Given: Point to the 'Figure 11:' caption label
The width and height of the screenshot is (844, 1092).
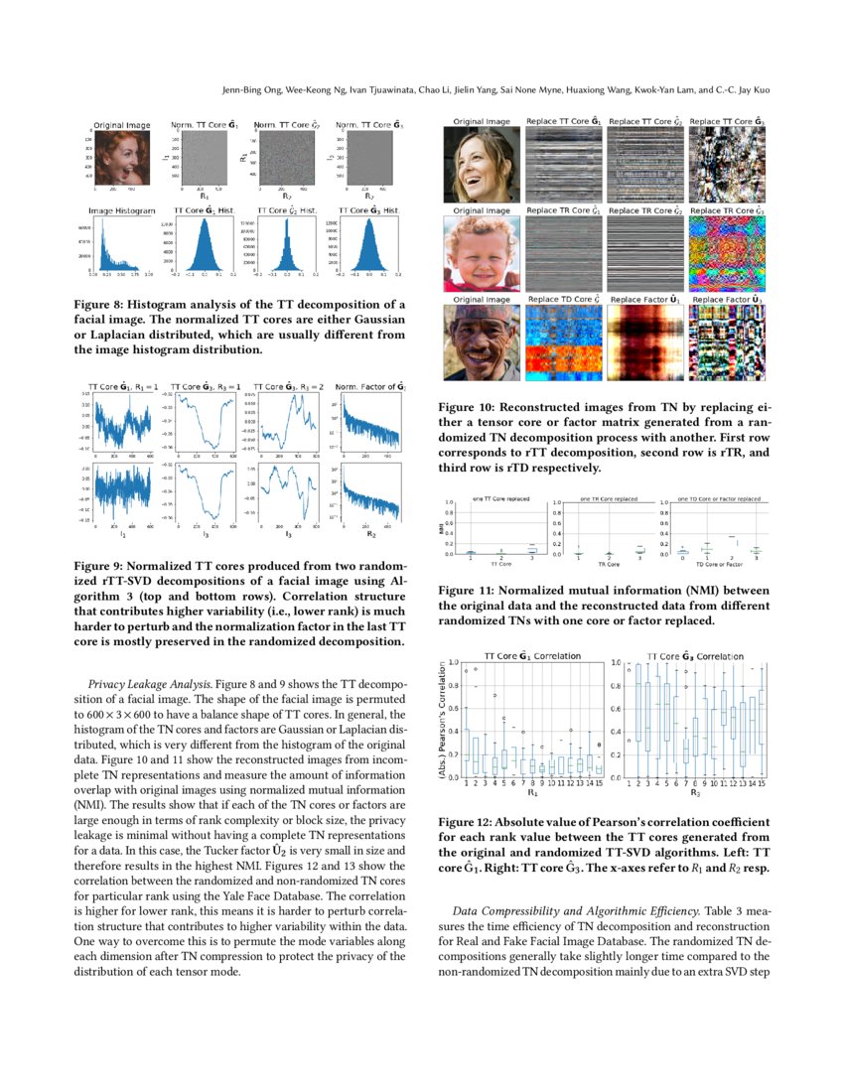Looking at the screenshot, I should (x=468, y=590).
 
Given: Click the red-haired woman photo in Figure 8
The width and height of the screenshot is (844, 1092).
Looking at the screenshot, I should (x=122, y=158).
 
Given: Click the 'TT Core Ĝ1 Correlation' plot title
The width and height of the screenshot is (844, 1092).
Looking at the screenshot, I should (x=530, y=656).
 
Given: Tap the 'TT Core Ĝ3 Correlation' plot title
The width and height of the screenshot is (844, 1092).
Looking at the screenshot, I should (x=694, y=656).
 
